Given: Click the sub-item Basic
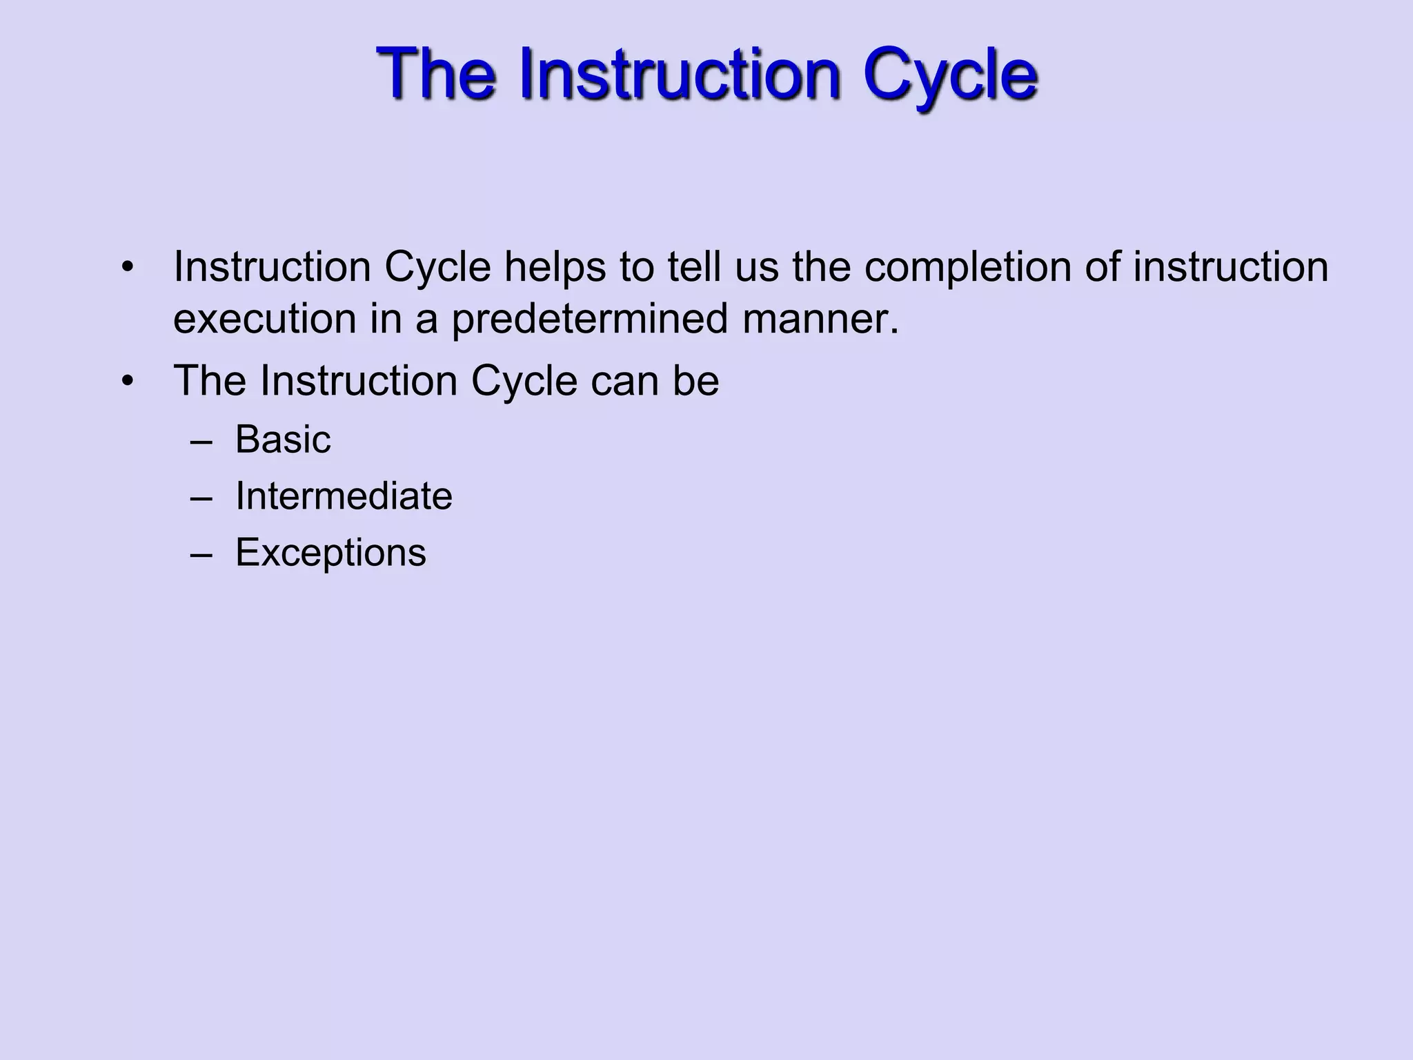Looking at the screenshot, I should [283, 440].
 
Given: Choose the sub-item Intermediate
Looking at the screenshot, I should [344, 496].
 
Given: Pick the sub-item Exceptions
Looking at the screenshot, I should [330, 553].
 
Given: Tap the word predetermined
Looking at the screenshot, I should [590, 320].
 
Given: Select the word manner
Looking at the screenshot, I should [821, 320].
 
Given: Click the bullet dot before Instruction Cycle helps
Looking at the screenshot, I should [126, 268].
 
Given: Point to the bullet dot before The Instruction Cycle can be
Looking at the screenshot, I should [126, 382].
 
